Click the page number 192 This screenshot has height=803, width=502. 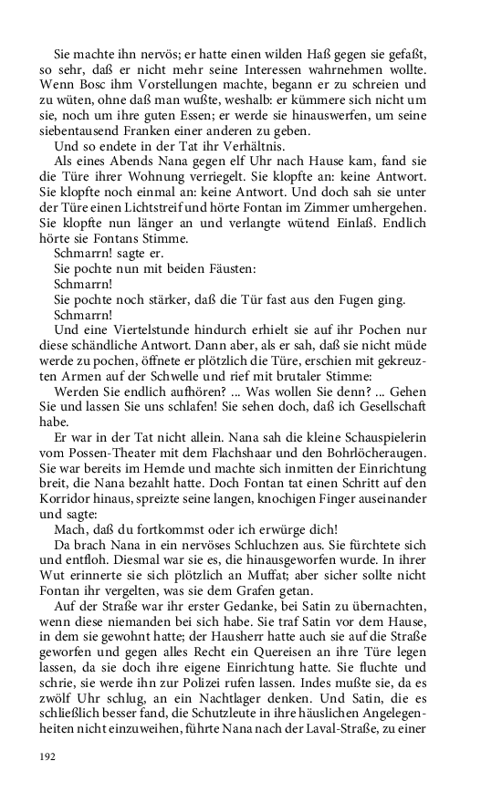tap(47, 756)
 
